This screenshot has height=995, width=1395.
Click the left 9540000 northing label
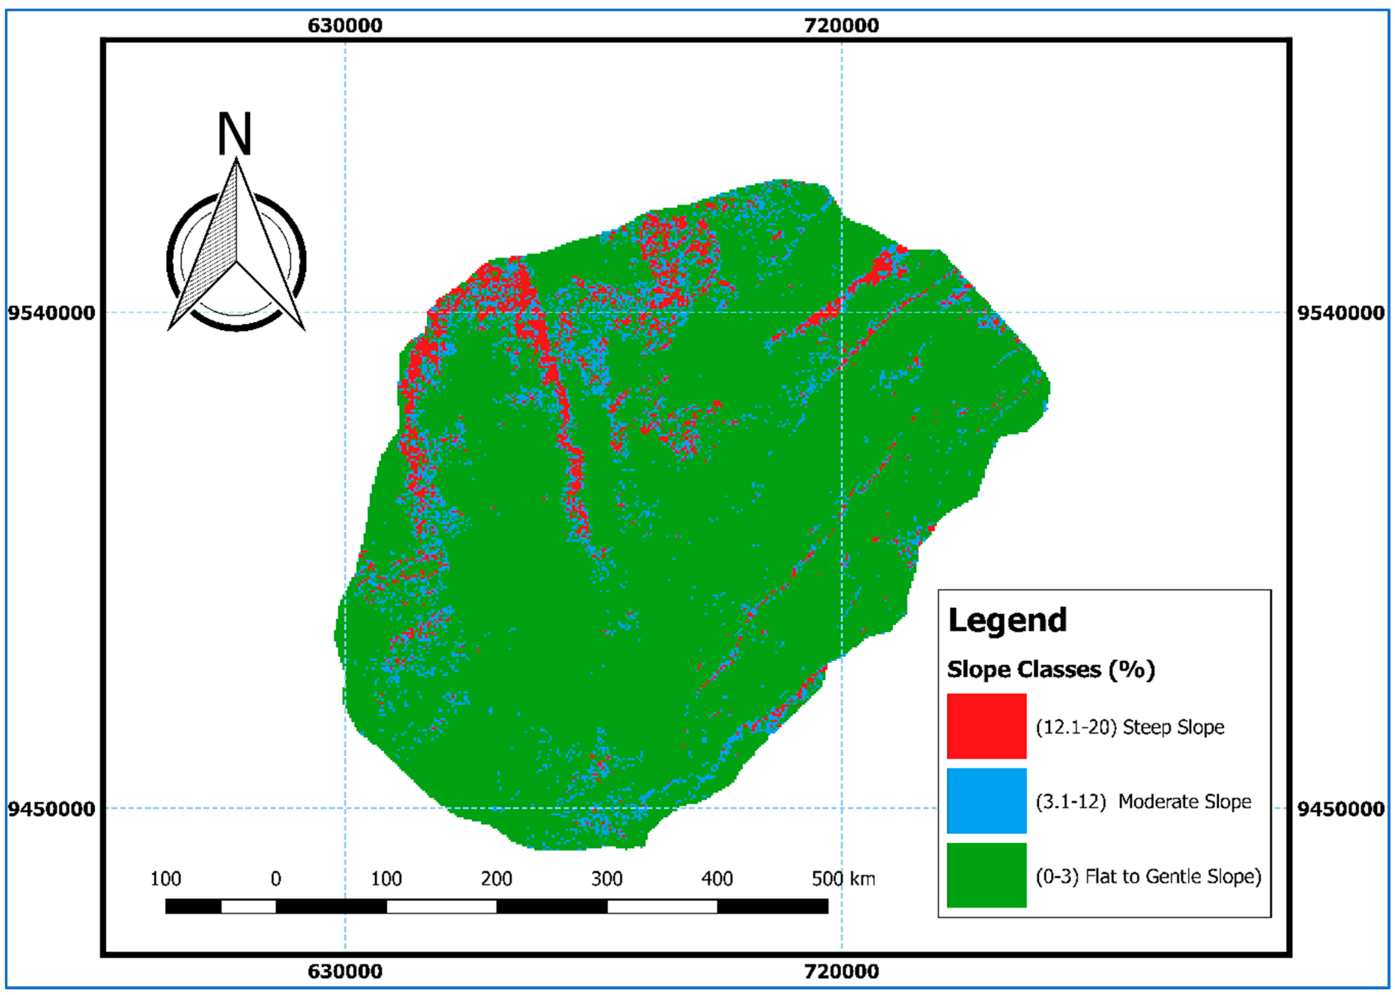coord(51,313)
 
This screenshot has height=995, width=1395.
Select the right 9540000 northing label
coord(1340,313)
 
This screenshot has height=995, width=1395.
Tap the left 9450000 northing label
coord(51,809)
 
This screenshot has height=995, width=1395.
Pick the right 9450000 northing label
coord(1340,809)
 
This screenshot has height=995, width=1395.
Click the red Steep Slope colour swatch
coord(986,726)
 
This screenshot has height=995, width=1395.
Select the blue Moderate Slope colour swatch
coord(986,801)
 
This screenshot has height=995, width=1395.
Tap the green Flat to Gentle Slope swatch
coord(986,875)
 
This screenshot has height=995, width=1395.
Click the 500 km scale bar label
coord(843,879)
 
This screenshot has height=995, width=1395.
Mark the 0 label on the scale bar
coord(276,879)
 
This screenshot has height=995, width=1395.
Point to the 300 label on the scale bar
coord(606,879)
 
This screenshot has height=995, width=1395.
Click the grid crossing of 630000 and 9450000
coord(345,808)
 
